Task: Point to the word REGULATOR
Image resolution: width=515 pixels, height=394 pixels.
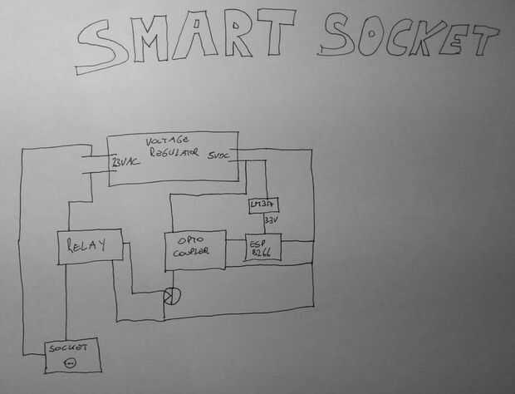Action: pos(174,153)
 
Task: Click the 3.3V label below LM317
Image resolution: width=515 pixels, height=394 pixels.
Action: pos(269,221)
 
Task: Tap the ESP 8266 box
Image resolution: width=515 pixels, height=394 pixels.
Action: pos(263,248)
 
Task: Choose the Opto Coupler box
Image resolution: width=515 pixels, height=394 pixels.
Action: pos(195,250)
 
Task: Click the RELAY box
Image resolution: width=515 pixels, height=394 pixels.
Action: pos(89,246)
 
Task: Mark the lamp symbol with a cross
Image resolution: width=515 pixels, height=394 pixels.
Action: pos(171,295)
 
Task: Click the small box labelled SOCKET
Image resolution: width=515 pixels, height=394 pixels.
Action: pos(72,355)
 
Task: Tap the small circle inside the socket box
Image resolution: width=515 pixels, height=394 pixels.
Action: pos(70,362)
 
